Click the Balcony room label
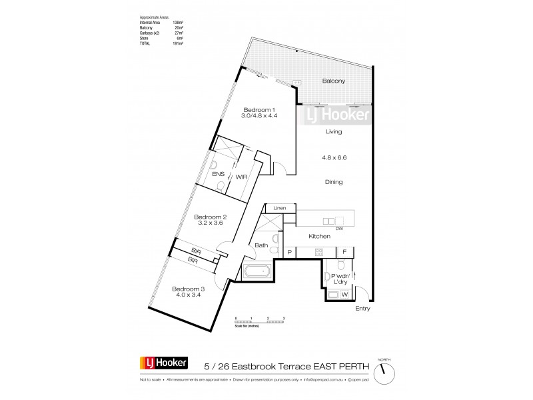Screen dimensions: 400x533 (x=333, y=81)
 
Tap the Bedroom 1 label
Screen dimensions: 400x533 (x=259, y=109)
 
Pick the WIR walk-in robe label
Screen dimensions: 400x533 (x=241, y=177)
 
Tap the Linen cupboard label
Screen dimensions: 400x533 (x=280, y=209)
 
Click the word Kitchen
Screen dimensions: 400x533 (x=320, y=236)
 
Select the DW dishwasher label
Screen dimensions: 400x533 (x=339, y=228)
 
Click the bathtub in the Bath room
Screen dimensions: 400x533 (x=256, y=271)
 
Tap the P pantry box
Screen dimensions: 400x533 (x=290, y=252)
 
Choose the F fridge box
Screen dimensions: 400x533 (x=344, y=252)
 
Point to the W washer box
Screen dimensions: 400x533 (x=344, y=294)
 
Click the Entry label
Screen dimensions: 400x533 (x=362, y=309)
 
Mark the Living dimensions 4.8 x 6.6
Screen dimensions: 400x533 (x=333, y=158)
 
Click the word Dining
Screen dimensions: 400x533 (x=333, y=181)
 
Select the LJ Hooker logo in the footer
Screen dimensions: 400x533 (x=163, y=364)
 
